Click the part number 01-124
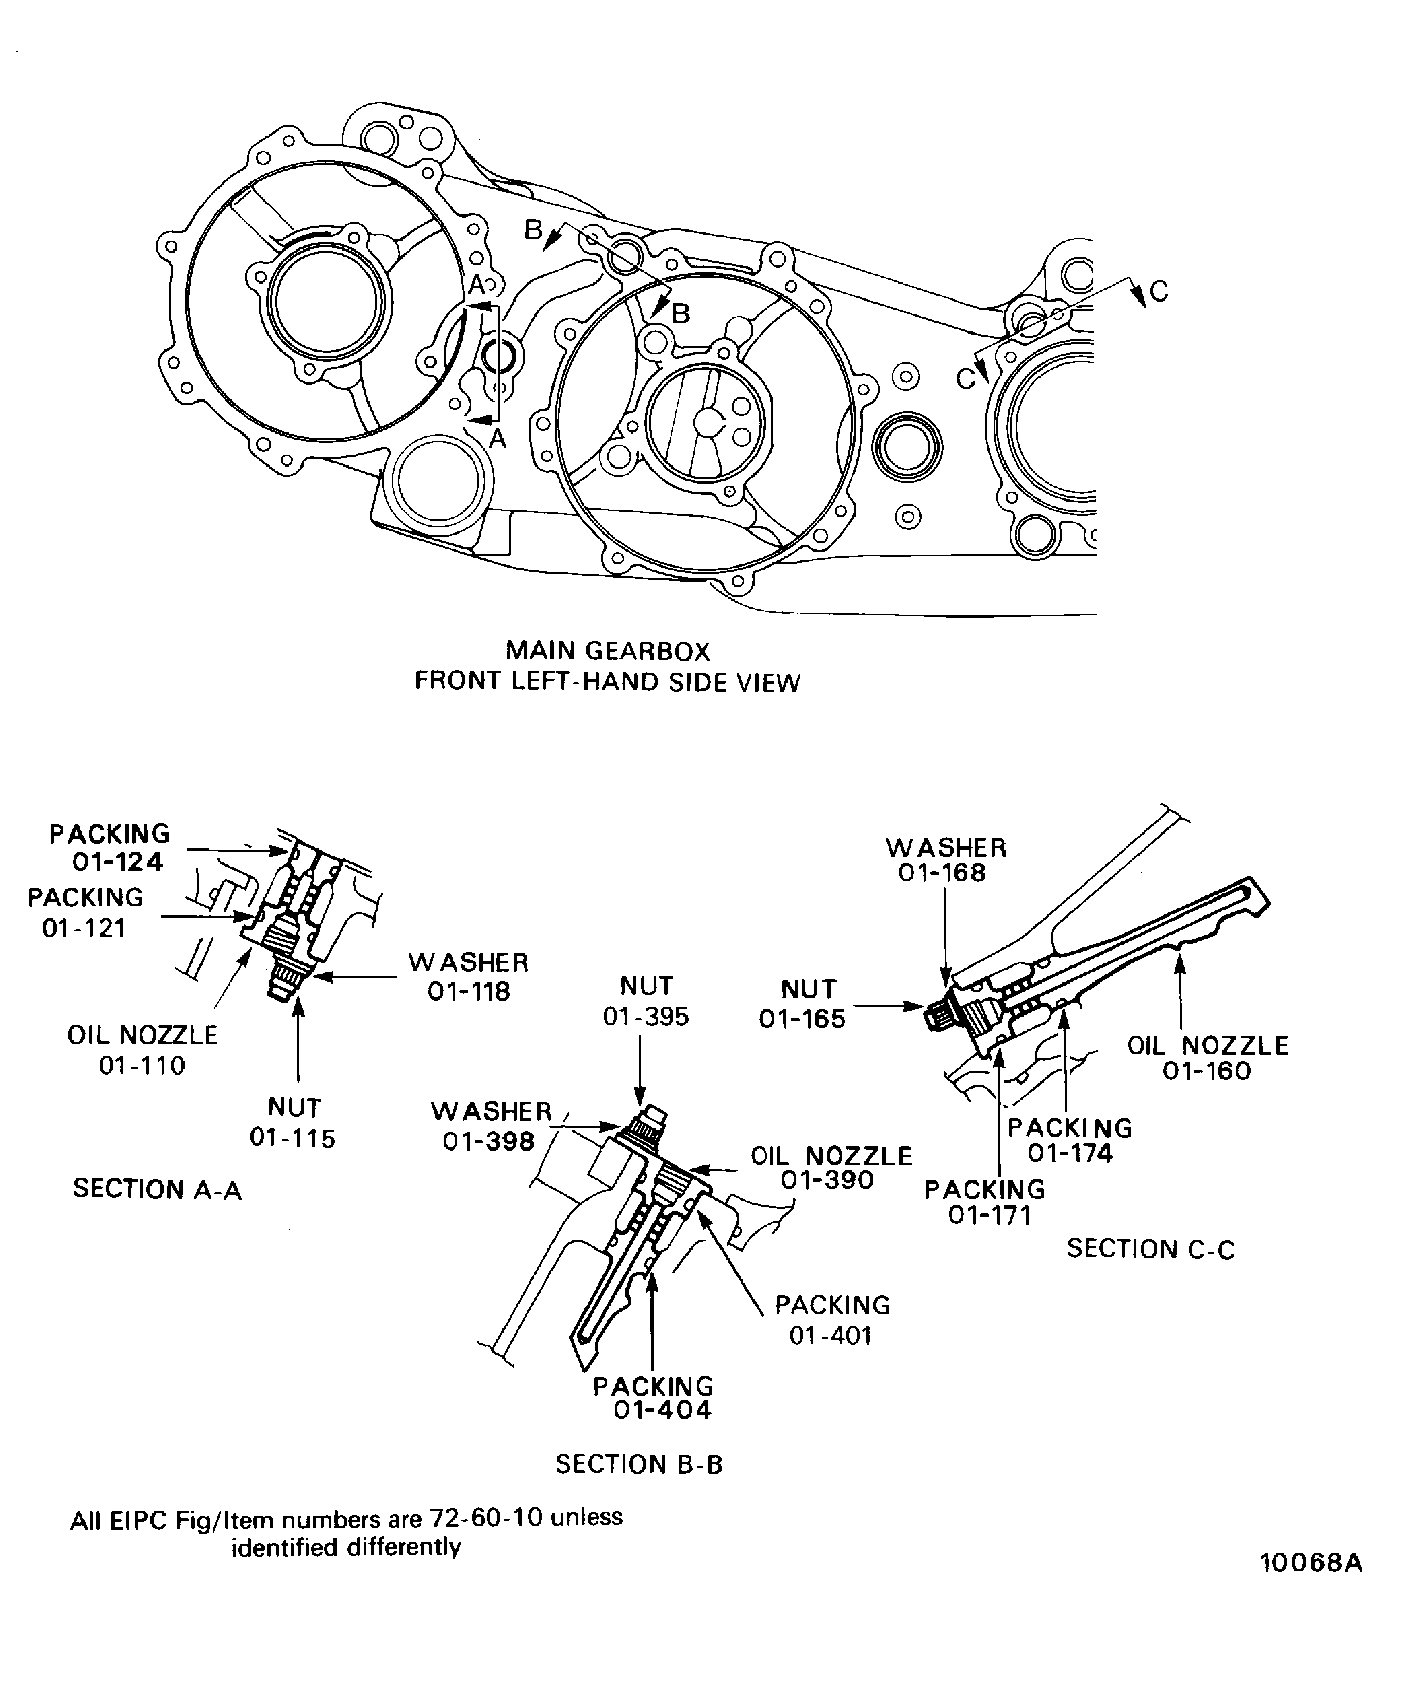click(x=118, y=862)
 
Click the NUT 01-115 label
click(x=293, y=1123)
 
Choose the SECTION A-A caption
click(x=157, y=1189)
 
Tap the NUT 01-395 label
click(x=646, y=1001)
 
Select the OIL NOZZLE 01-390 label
click(x=831, y=1168)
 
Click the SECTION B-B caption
click(x=639, y=1464)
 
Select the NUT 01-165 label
click(x=803, y=1004)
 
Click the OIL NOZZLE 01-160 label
click(x=1208, y=1058)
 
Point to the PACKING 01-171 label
click(x=985, y=1202)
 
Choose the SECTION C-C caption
click(x=1151, y=1248)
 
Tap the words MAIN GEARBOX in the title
click(x=608, y=651)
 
